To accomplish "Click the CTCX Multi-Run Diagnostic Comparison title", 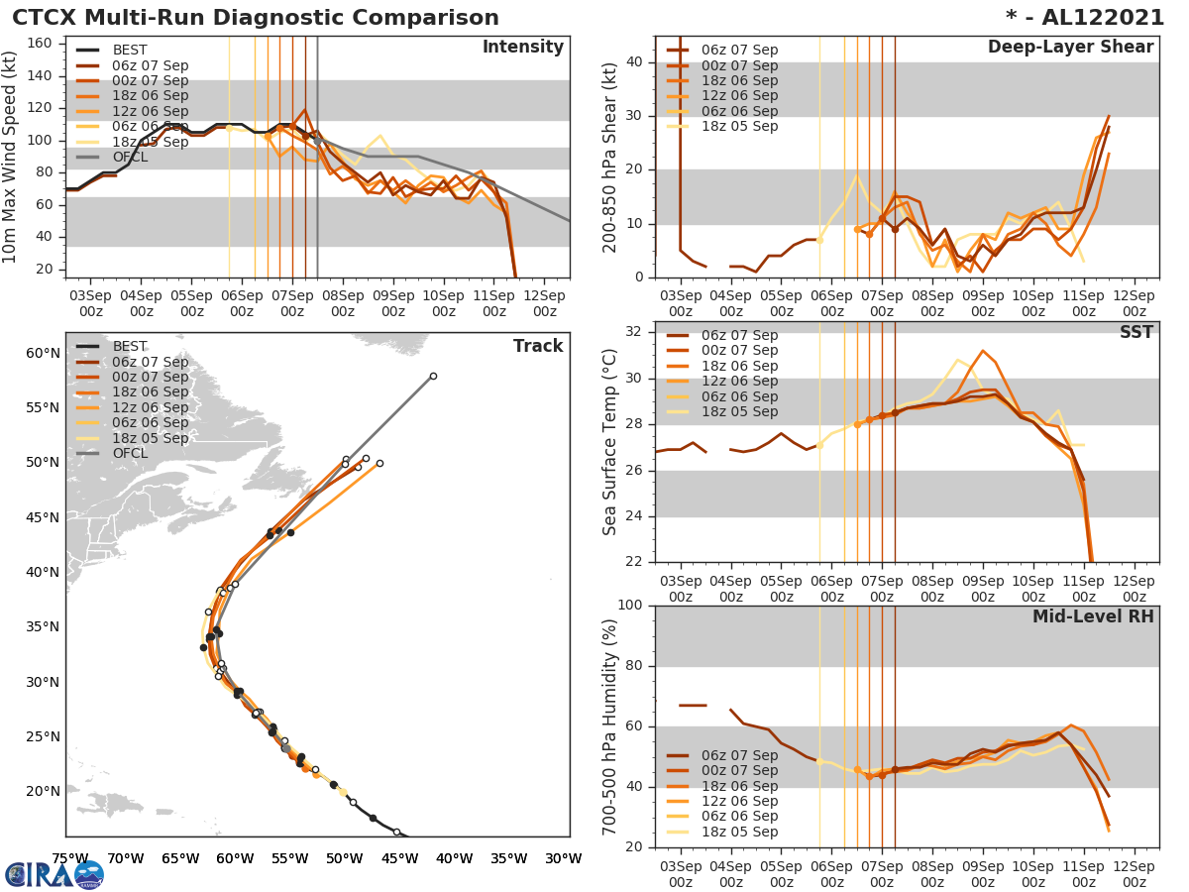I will coord(256,18).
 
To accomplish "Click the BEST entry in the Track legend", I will coord(130,346).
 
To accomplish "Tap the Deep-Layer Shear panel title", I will coord(1070,48).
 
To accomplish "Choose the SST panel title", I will coord(1135,332).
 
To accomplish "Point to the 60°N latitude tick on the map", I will coord(43,354).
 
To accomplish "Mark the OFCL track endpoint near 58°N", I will coord(433,376).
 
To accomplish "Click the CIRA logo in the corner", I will coord(54,874).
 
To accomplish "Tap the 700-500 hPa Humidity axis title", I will coord(610,725).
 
